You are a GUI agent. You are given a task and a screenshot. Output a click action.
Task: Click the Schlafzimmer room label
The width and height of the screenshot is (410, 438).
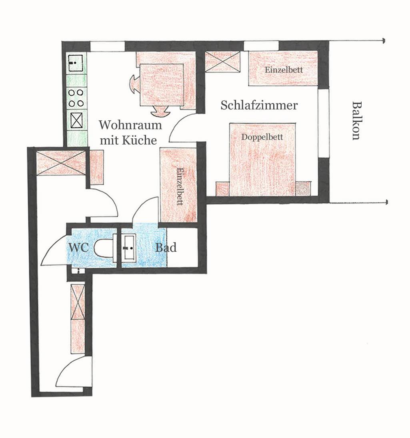pyautogui.click(x=259, y=106)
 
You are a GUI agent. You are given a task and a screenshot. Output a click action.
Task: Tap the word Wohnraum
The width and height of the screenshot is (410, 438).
pyautogui.click(x=130, y=125)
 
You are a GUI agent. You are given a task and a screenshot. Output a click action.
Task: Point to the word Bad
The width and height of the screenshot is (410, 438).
pyautogui.click(x=166, y=248)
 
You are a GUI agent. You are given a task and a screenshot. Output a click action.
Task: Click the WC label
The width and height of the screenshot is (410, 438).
pyautogui.click(x=79, y=247)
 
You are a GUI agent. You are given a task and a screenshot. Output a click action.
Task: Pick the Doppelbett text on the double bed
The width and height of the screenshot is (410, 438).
pyautogui.click(x=262, y=137)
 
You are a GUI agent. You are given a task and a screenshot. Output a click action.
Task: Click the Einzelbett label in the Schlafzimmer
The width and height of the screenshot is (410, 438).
pyautogui.click(x=284, y=70)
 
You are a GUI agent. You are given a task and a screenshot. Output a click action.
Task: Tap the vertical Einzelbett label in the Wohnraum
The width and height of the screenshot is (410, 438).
pyautogui.click(x=180, y=186)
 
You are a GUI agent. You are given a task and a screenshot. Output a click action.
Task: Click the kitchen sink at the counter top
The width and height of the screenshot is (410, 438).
pyautogui.click(x=76, y=63)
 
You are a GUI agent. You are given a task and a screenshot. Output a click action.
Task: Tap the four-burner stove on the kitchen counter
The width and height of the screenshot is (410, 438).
pyautogui.click(x=76, y=98)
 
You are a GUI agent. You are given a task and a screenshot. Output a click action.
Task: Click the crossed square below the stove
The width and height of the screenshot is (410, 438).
pyautogui.click(x=76, y=120)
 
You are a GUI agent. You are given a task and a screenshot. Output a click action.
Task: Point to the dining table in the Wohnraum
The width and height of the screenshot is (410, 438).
pyautogui.click(x=162, y=85)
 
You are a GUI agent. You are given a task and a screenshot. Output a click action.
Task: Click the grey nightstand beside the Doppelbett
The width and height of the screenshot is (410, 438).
pyautogui.click(x=303, y=188)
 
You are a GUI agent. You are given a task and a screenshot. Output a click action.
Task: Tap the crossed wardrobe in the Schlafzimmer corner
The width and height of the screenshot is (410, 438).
pyautogui.click(x=223, y=62)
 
